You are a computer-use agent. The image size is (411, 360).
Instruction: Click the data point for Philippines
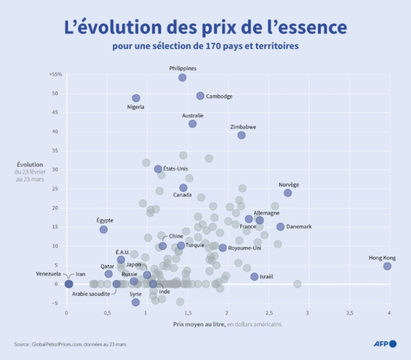click(x=182, y=77)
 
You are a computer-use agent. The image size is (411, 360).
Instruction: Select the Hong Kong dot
click(x=387, y=266)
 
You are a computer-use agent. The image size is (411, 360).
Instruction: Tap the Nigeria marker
click(x=136, y=98)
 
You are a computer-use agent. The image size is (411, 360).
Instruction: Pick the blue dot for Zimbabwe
click(x=241, y=135)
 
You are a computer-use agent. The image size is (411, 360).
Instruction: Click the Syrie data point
click(x=136, y=302)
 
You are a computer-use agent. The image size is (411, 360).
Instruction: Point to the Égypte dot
click(x=103, y=229)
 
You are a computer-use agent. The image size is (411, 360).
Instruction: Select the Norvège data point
click(x=288, y=192)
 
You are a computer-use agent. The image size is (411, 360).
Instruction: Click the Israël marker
click(x=254, y=276)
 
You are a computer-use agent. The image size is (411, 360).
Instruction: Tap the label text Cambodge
click(x=220, y=96)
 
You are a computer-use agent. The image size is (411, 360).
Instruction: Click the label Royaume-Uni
click(x=244, y=248)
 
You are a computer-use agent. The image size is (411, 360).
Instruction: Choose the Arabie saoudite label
click(x=91, y=294)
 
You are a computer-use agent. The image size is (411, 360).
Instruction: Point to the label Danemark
click(x=299, y=226)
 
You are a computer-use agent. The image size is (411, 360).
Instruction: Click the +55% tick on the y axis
click(x=56, y=74)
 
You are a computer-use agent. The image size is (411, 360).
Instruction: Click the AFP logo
click(x=385, y=344)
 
